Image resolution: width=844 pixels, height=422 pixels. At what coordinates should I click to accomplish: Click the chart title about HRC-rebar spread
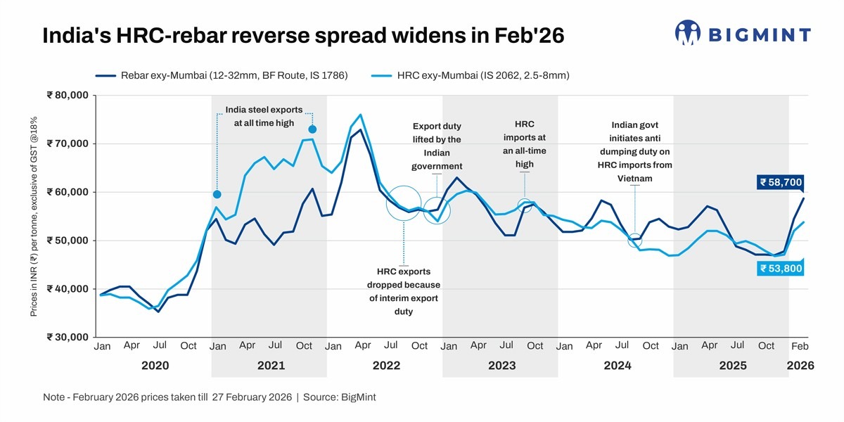pyautogui.click(x=303, y=36)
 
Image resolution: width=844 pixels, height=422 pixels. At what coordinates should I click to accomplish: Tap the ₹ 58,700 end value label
pyautogui.click(x=780, y=182)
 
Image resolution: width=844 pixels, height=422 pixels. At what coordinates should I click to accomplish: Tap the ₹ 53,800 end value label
pyautogui.click(x=780, y=268)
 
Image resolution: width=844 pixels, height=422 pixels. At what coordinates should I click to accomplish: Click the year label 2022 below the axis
pyautogui.click(x=386, y=366)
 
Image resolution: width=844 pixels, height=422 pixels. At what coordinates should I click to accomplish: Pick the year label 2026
pyautogui.click(x=800, y=366)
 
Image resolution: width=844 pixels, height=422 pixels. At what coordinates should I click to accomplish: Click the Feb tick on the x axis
pyautogui.click(x=800, y=347)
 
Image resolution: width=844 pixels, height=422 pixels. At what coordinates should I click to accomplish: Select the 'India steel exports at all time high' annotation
pyautogui.click(x=264, y=116)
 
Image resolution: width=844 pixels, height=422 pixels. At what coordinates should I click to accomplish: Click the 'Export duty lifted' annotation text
pyautogui.click(x=436, y=146)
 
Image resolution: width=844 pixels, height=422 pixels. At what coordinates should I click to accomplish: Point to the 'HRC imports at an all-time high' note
pyautogui.click(x=524, y=144)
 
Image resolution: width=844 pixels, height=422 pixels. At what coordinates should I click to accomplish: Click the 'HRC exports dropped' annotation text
pyautogui.click(x=403, y=291)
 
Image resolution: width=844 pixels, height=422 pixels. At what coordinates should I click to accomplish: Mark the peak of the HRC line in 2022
pyautogui.click(x=360, y=115)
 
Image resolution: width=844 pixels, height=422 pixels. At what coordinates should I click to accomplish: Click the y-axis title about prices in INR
pyautogui.click(x=34, y=216)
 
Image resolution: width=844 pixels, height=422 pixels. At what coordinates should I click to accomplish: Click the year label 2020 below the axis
pyautogui.click(x=155, y=366)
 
